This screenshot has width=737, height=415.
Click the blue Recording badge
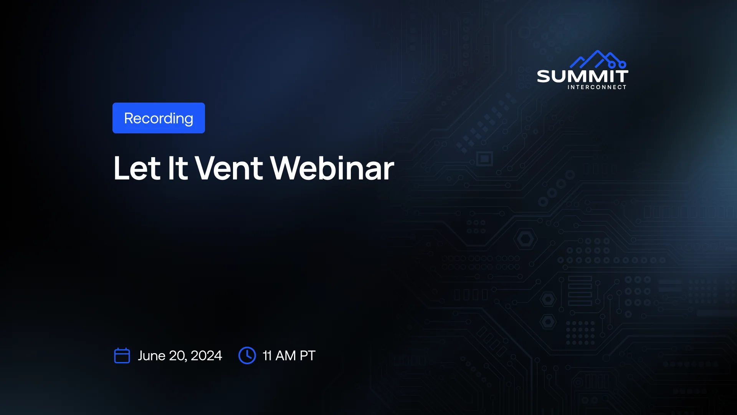pyautogui.click(x=159, y=118)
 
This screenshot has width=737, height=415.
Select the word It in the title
pyautogui.click(x=178, y=168)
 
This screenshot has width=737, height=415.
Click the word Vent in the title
pyautogui.click(x=229, y=168)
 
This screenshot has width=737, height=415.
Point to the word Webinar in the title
pyautogui.click(x=332, y=168)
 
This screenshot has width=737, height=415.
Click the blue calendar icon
pyautogui.click(x=122, y=355)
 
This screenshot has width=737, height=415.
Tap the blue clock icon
pyautogui.click(x=247, y=355)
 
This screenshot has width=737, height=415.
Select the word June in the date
pyautogui.click(x=151, y=356)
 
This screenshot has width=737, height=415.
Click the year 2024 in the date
pyautogui.click(x=206, y=356)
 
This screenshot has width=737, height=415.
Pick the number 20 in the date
pyautogui.click(x=178, y=356)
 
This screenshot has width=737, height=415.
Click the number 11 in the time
pyautogui.click(x=267, y=356)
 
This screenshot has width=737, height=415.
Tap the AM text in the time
pyautogui.click(x=286, y=356)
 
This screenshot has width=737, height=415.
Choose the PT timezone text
pyautogui.click(x=307, y=356)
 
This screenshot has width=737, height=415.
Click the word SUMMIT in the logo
pyautogui.click(x=583, y=76)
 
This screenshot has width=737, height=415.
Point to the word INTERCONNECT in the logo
pyautogui.click(x=597, y=87)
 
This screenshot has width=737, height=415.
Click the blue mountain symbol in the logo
pyautogui.click(x=598, y=60)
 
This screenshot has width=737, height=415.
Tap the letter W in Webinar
pyautogui.click(x=288, y=168)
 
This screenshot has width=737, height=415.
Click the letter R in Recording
pyautogui.click(x=129, y=118)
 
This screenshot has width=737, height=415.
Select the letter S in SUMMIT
pyautogui.click(x=544, y=76)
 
